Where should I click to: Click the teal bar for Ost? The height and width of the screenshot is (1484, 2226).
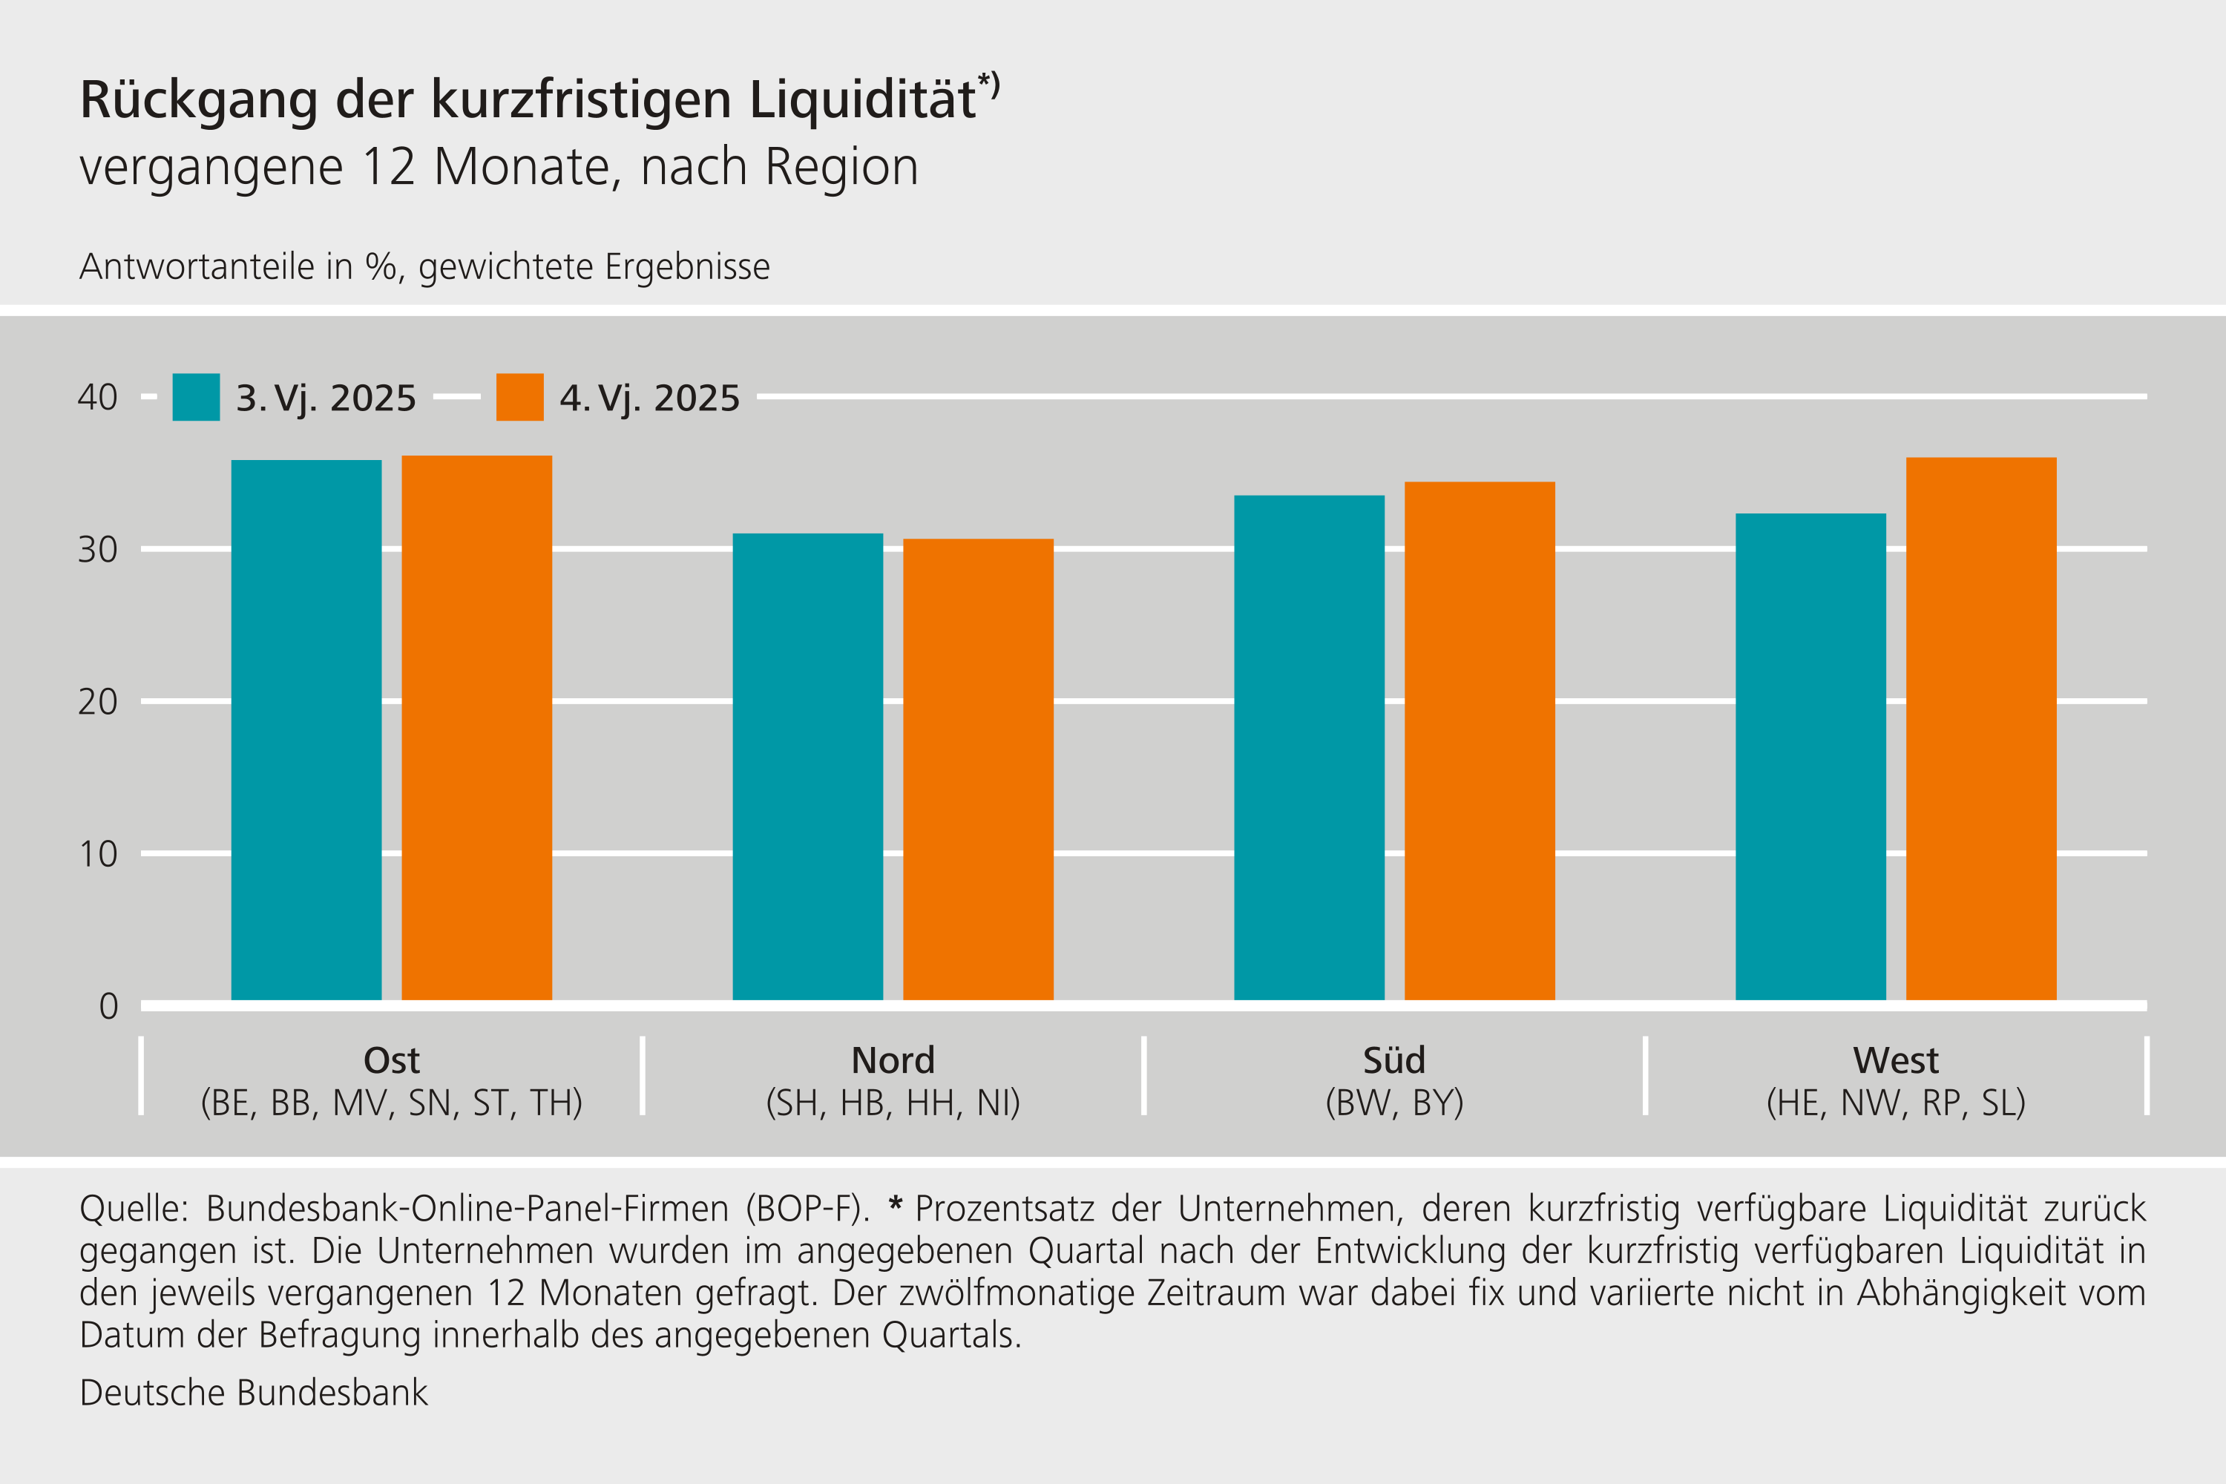[306, 729]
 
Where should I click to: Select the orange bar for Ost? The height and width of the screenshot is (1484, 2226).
[476, 728]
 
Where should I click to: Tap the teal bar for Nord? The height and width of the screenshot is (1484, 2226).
[807, 766]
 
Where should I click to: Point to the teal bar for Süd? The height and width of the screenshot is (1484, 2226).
[1309, 748]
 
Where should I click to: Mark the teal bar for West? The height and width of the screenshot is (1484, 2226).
[1810, 757]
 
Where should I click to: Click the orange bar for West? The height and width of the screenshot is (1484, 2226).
[1981, 729]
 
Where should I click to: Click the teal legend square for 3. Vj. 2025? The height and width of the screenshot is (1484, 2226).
[196, 398]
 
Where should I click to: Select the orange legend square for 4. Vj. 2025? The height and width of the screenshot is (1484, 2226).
[519, 398]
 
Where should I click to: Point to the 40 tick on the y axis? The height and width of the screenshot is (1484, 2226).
[97, 398]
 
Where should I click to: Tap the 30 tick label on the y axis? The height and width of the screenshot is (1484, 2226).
[97, 550]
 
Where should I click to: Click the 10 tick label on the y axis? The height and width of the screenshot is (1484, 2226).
[97, 855]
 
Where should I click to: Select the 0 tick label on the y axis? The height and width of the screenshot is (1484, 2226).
[109, 1006]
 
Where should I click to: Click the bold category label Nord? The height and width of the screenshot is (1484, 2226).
[893, 1060]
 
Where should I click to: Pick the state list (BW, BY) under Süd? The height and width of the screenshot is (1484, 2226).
[1394, 1103]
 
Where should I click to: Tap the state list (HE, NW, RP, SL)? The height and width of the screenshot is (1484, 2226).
[1896, 1103]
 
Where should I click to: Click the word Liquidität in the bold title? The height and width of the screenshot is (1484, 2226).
[863, 99]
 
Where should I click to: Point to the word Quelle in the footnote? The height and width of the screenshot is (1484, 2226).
[134, 1209]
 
